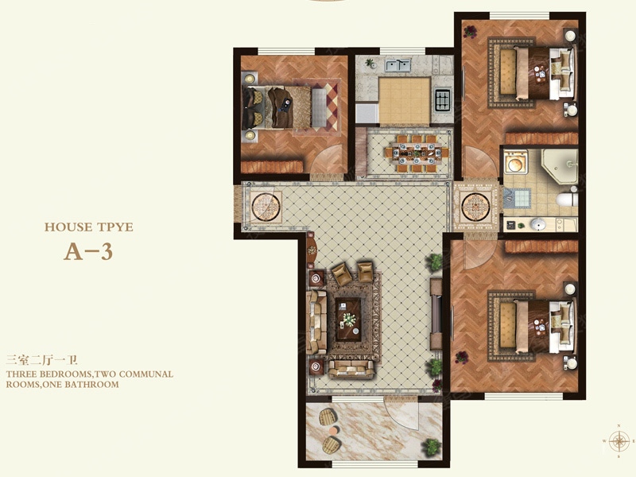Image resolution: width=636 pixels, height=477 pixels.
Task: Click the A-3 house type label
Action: [88, 252]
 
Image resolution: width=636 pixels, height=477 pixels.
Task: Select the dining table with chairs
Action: [417, 153]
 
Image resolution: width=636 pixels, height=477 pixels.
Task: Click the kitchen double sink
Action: [398, 65]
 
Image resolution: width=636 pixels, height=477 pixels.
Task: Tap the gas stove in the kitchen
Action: [444, 99]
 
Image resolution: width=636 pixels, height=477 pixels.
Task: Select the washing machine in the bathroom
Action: [515, 161]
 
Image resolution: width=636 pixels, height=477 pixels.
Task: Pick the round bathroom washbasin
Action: [538, 224]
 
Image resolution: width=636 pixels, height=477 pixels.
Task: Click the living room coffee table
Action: [348, 320]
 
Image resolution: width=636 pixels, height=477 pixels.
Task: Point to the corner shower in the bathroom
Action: [560, 165]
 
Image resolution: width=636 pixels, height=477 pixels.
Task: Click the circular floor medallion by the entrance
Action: [266, 207]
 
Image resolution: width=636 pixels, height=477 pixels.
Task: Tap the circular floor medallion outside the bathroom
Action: [476, 207]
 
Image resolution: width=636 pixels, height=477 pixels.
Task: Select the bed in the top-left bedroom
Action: [284, 107]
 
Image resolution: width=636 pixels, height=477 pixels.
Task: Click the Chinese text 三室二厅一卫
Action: [41, 360]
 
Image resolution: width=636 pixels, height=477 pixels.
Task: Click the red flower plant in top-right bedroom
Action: [471, 31]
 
